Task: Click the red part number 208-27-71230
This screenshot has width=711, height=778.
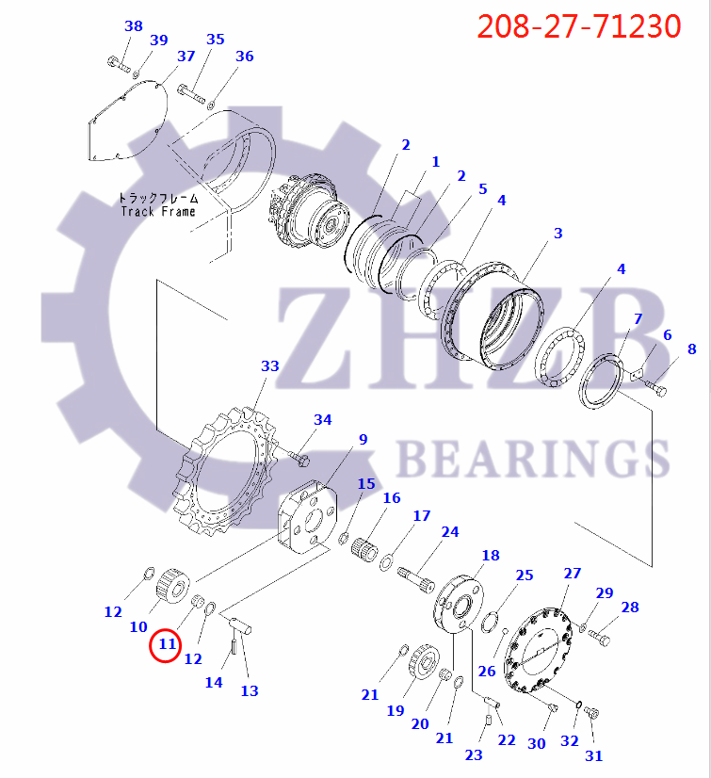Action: (x=578, y=25)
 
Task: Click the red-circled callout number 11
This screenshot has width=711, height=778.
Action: (x=168, y=645)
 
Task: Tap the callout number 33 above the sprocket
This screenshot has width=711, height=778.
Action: (x=270, y=365)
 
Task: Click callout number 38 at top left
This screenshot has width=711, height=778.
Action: (x=134, y=26)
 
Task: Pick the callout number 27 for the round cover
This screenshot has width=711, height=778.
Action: (x=573, y=574)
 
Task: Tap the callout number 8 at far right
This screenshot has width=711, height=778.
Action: (x=692, y=349)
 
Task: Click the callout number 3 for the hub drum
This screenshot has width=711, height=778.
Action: (x=557, y=233)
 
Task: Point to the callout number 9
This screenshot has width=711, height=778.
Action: (x=363, y=439)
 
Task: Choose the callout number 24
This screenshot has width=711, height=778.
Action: (x=450, y=532)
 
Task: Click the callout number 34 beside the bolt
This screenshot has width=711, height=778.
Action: (x=323, y=419)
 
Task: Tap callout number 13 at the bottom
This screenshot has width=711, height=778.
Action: (x=249, y=690)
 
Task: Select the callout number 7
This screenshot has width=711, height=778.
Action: (x=638, y=319)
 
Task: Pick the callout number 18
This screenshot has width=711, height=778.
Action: (x=491, y=556)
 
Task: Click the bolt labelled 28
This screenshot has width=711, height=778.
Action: (x=599, y=638)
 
